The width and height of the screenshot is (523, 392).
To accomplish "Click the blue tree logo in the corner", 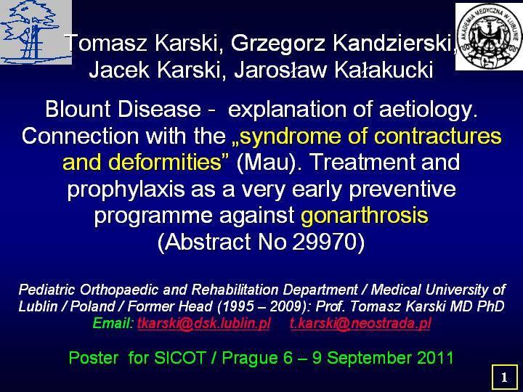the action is point(36,33).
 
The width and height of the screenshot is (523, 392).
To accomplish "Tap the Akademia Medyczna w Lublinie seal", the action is point(490,37).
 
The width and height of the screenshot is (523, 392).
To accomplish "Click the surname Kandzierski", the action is point(392,44).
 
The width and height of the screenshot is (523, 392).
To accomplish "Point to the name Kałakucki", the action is point(384,70).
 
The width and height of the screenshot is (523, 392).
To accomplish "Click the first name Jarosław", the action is point(280,70).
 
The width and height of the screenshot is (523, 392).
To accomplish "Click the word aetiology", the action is point(428,110).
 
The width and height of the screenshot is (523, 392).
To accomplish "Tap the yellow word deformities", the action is point(165,163).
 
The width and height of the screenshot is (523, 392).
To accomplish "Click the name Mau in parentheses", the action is point(266,163).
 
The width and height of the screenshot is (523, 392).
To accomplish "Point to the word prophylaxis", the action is point(126,189).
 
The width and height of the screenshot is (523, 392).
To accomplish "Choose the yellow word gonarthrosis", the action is point(364,216).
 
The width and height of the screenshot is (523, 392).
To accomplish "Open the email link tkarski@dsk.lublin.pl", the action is point(204,323).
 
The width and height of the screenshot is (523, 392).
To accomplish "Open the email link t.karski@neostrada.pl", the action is point(360,323).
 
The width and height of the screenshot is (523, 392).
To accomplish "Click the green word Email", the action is point(113,323).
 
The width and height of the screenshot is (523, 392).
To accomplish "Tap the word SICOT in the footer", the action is point(179,358).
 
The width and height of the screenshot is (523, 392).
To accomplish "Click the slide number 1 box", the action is point(504,377).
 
